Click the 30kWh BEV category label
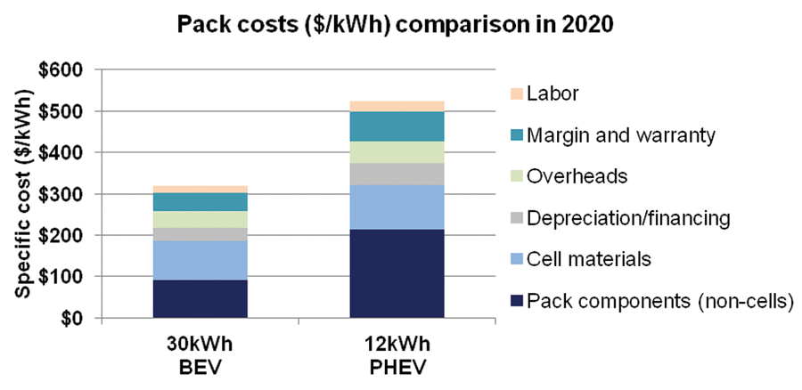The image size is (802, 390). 200,353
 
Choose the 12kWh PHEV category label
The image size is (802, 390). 397,353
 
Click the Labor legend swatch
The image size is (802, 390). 511,93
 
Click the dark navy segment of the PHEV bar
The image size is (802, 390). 397,273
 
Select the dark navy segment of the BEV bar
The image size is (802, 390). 200,298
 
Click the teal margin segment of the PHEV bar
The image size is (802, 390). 397,126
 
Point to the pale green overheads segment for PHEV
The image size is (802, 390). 397,152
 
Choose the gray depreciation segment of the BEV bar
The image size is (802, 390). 200,234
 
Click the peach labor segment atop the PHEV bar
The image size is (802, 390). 397,106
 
